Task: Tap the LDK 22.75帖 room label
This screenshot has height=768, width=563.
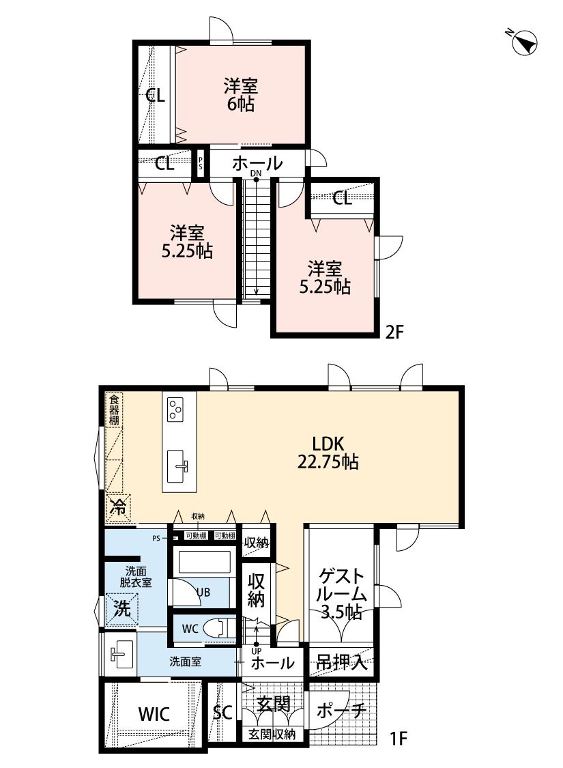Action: coord(328,453)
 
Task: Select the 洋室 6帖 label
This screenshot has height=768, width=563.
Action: coord(241,95)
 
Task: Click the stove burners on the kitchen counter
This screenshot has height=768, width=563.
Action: coord(174,410)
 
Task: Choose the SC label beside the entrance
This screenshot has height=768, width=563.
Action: coord(222,712)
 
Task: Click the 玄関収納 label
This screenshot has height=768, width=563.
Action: coord(272,735)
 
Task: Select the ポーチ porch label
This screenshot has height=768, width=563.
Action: coord(341,710)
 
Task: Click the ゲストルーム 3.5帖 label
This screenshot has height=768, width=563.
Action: coord(341,594)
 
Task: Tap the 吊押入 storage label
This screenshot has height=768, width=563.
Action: coord(341,663)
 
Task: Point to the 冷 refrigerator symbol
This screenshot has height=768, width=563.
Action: coord(117,507)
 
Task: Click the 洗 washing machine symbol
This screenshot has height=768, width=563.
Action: coord(122,608)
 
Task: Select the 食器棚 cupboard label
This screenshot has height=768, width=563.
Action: coord(114,410)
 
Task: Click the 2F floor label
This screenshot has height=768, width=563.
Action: coord(394,332)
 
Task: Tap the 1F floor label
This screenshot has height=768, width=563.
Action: coord(399,738)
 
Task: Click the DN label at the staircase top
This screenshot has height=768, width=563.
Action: coord(256,174)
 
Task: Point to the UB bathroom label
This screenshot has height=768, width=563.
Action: coord(203,592)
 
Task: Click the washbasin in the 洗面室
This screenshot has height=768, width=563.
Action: coord(120,655)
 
